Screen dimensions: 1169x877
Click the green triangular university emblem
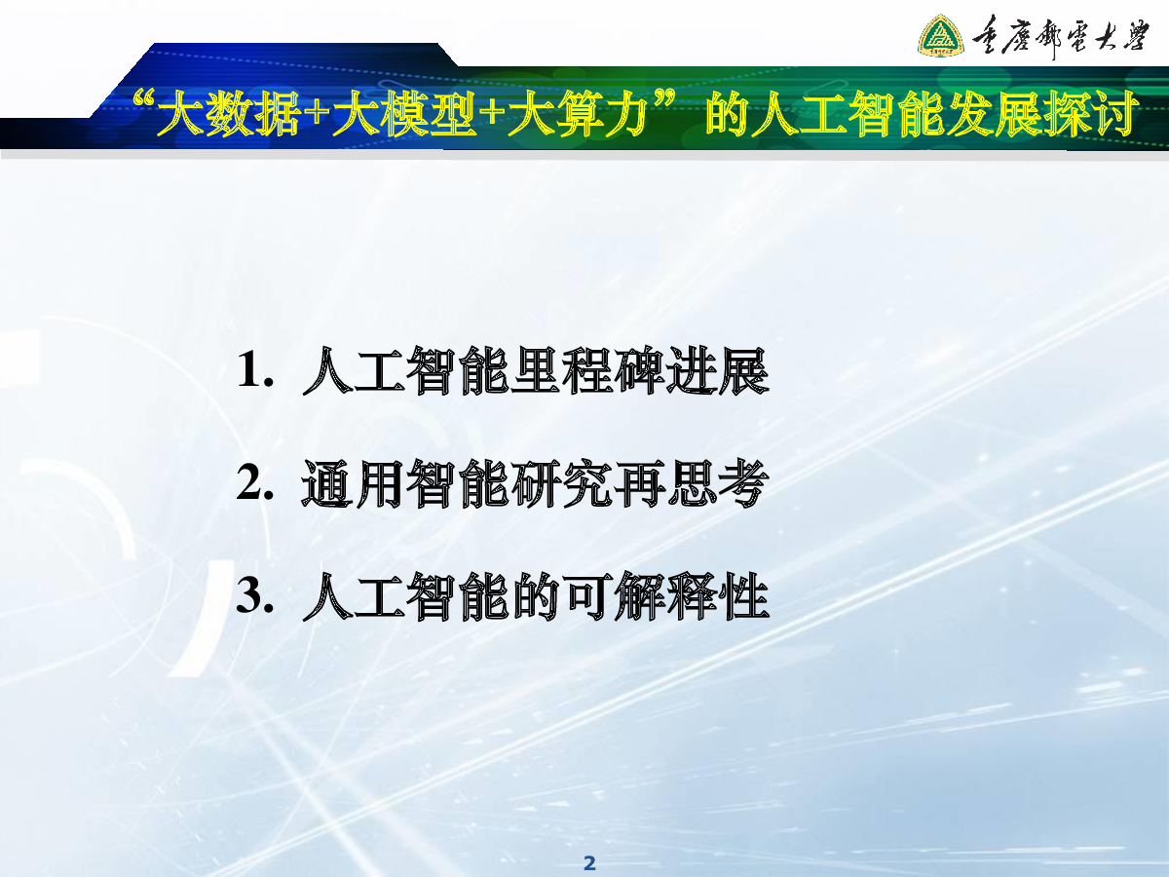point(940,36)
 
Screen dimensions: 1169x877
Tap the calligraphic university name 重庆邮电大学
point(1060,37)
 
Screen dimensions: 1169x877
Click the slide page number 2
point(589,863)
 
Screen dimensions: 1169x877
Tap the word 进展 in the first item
point(717,370)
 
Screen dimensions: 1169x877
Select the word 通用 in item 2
point(353,483)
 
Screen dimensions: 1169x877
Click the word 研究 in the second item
point(561,483)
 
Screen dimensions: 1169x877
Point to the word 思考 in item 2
point(717,483)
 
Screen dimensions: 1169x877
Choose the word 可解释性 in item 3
point(665,596)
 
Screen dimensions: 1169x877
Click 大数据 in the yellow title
point(229,112)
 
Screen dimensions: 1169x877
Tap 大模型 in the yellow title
point(404,112)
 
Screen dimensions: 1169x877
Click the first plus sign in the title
point(317,113)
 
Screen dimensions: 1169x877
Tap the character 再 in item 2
point(639,483)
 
